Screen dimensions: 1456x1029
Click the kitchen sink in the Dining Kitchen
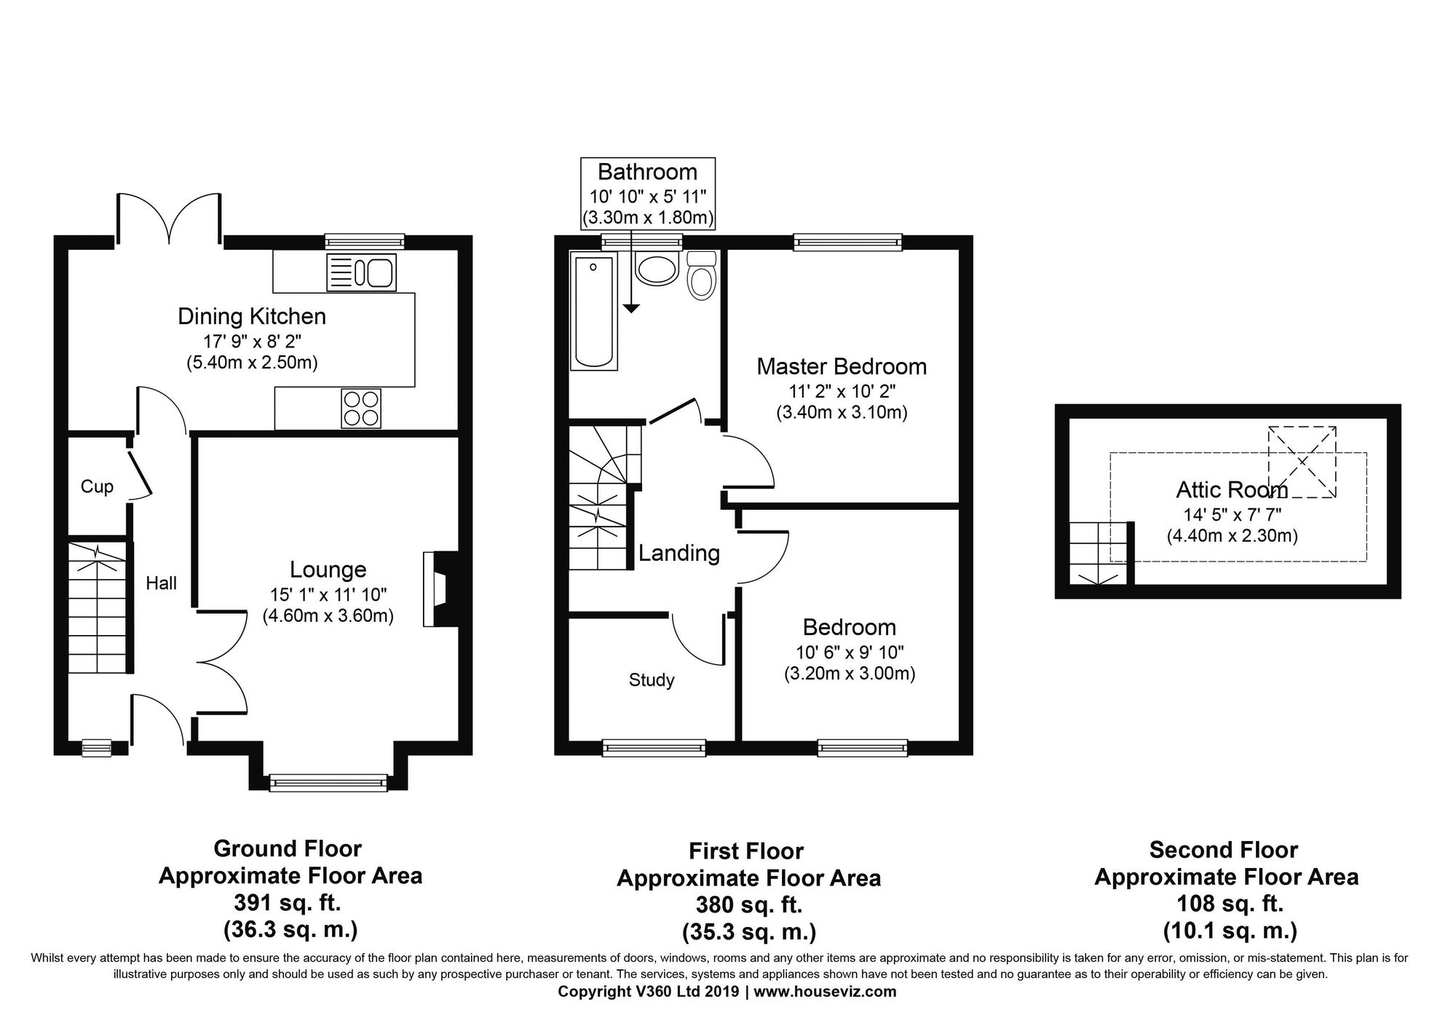click(362, 272)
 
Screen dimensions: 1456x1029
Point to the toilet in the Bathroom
click(702, 276)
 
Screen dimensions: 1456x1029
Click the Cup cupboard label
click(97, 486)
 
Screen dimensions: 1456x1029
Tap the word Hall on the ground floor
click(161, 583)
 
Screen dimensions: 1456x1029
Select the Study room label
click(652, 680)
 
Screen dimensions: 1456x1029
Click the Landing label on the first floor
click(679, 553)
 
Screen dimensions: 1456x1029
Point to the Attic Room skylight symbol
click(1302, 462)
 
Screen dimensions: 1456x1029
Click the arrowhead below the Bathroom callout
click(631, 309)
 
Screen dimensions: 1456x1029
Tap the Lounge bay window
click(328, 783)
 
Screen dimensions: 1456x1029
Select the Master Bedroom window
click(847, 243)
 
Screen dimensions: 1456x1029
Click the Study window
click(654, 748)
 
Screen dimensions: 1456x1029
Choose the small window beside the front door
click(96, 748)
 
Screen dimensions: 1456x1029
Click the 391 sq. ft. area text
click(288, 904)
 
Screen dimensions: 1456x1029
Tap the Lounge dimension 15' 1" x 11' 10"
click(328, 594)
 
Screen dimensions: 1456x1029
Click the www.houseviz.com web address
click(825, 991)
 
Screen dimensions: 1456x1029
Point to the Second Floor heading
click(1224, 850)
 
